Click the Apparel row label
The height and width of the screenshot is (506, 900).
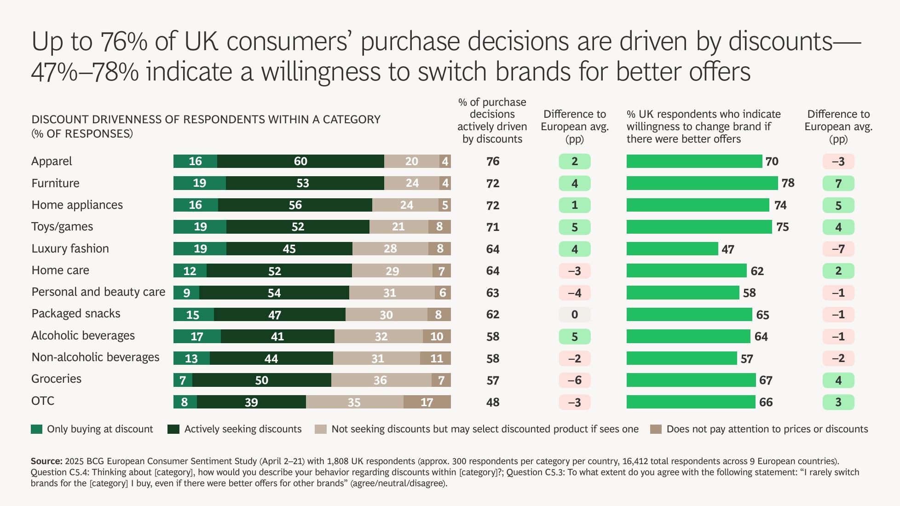tap(52, 161)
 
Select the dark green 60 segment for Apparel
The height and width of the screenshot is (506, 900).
tap(300, 161)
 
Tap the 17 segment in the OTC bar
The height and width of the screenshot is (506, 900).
tap(427, 402)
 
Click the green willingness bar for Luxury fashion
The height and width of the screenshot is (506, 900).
tap(672, 249)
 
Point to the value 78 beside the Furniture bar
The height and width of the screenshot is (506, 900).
tap(788, 183)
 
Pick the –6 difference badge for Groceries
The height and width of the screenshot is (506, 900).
tap(574, 380)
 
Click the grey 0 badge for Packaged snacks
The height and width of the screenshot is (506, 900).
tap(574, 315)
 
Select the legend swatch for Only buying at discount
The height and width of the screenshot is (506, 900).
tap(36, 429)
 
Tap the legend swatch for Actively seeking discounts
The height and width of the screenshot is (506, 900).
tap(173, 429)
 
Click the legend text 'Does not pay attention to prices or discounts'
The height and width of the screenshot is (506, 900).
tap(767, 429)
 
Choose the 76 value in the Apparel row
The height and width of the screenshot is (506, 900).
tap(492, 161)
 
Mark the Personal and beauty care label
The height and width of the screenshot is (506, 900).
tap(98, 292)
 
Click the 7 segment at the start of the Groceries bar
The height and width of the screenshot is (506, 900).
tap(183, 380)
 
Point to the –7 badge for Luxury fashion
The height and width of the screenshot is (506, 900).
tap(838, 249)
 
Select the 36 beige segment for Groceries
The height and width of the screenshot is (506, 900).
tap(381, 380)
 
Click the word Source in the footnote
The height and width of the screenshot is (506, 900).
tap(46, 461)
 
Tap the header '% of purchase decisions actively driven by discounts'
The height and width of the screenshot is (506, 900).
tap(492, 121)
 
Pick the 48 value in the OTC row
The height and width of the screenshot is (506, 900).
tap(492, 402)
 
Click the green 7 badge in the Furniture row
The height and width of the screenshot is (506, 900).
tap(838, 184)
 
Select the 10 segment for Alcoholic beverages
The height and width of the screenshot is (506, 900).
tap(436, 336)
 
